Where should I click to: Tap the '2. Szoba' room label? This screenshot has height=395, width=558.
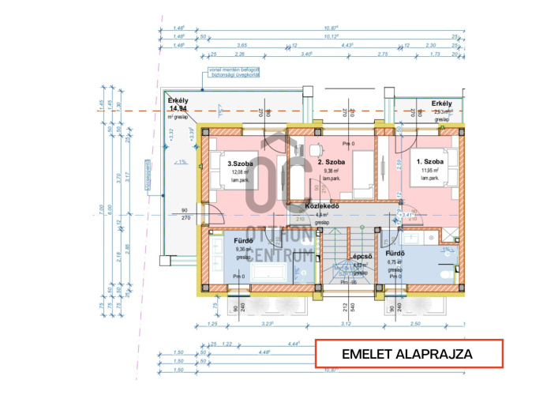pos(330,160)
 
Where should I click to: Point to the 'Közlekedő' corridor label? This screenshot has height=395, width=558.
pos(321,205)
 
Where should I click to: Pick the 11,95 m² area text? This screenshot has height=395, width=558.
pos(430,171)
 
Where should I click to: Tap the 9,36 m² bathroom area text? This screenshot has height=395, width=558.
pos(243,250)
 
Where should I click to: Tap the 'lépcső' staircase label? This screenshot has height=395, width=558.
pos(362,257)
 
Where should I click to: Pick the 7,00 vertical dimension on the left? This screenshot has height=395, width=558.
pos(101,209)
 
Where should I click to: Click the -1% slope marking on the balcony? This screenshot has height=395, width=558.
pos(182,163)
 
